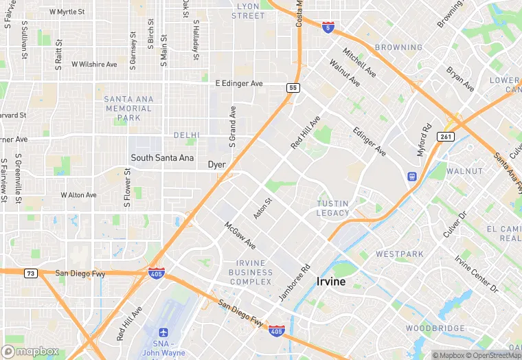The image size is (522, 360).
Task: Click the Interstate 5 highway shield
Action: coord(328,27)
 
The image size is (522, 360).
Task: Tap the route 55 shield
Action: coord(293,87)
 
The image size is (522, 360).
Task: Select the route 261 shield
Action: coord(447,136)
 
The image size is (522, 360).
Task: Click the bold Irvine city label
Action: coord(330,282)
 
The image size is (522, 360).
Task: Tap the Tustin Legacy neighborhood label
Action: coord(333,208)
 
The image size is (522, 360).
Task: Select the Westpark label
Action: coord(400,254)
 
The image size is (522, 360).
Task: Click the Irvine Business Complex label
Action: coord(251,272)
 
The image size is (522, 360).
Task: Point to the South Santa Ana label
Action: coord(162,157)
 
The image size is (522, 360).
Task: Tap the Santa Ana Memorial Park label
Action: coord(128,109)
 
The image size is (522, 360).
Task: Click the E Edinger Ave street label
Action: coord(239,83)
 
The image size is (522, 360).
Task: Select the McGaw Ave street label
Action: coord(240,236)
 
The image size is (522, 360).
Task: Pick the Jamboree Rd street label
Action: coord(295,282)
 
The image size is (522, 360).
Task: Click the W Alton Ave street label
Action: coord(78,195)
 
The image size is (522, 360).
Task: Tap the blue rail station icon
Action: coord(411,177)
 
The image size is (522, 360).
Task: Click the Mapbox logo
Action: coord(31,351)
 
